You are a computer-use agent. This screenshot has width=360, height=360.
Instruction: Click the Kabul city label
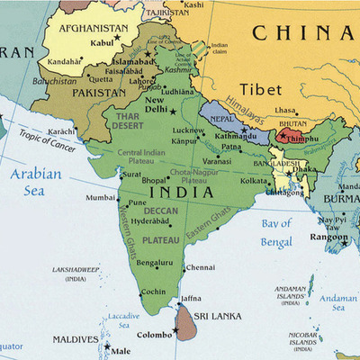point(101,41)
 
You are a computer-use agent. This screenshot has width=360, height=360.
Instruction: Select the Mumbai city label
point(100,197)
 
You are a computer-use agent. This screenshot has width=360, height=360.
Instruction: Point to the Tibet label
point(261,89)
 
